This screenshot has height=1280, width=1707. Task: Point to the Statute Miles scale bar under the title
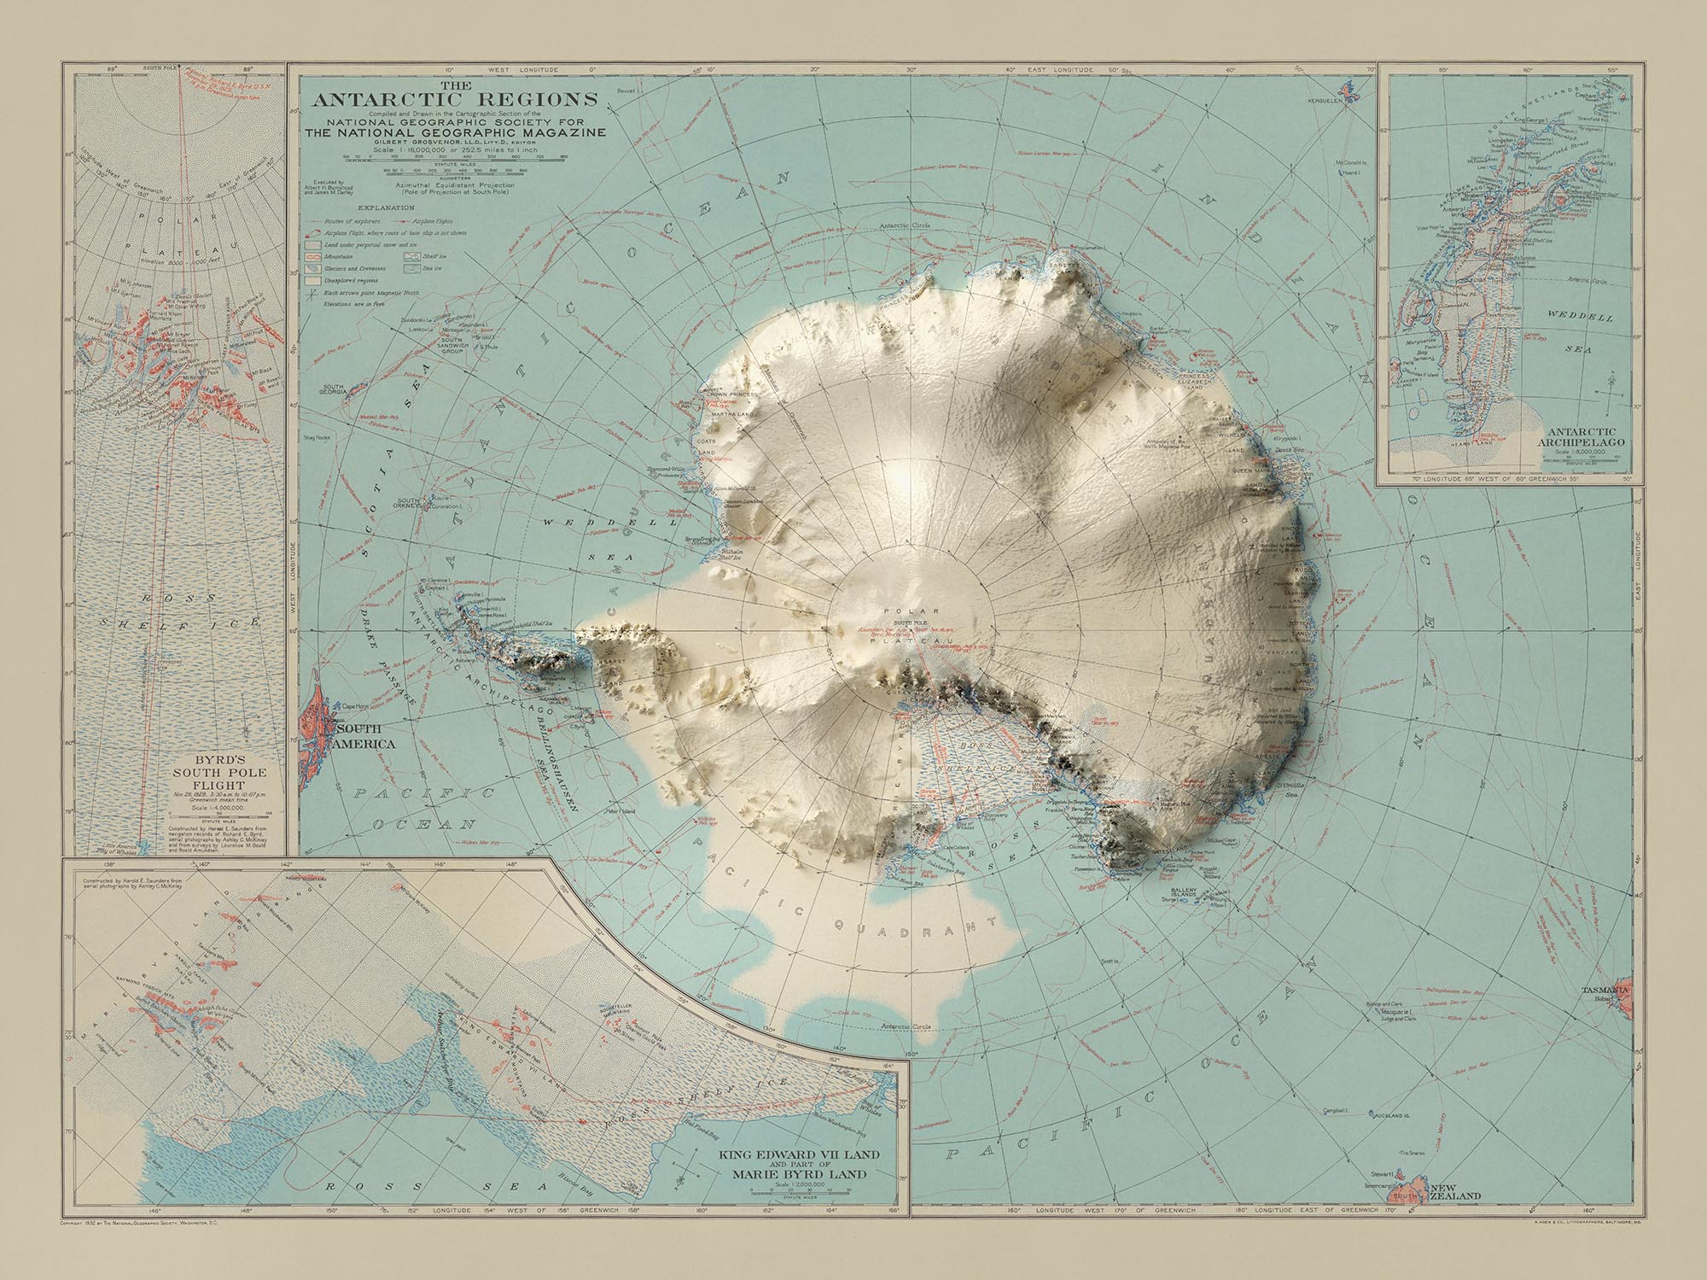[x=453, y=159]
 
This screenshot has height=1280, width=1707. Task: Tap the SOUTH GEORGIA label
[x=333, y=391]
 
